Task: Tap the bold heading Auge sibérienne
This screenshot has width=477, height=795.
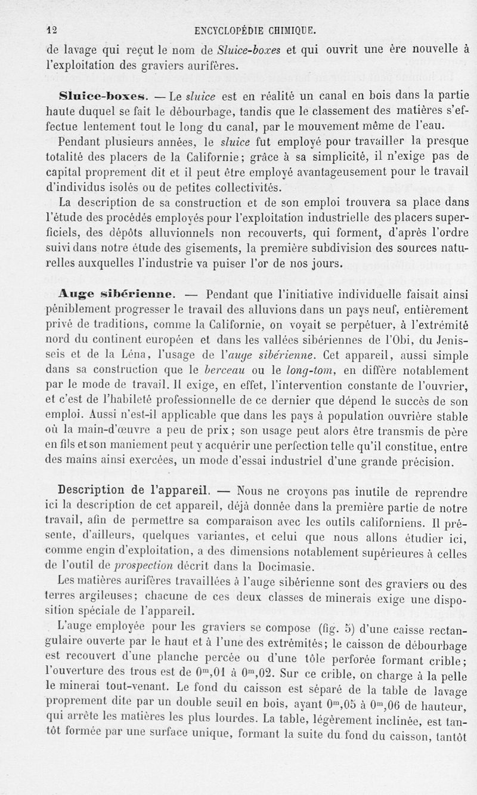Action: tap(116, 293)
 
